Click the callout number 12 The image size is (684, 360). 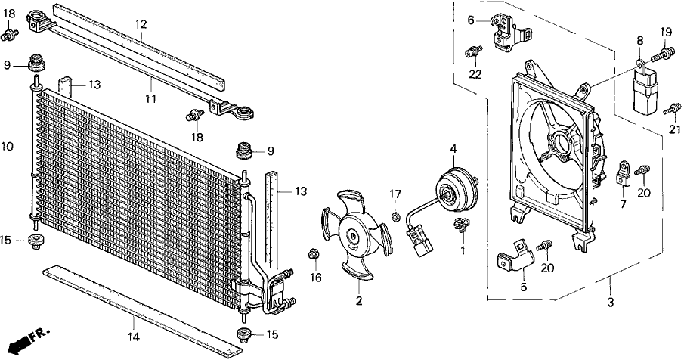[141, 25]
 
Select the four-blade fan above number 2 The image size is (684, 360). [354, 235]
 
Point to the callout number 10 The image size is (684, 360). [8, 147]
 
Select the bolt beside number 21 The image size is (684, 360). [668, 110]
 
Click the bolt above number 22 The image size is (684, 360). [473, 51]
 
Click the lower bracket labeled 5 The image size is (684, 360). [517, 255]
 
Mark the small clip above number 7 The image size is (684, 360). [624, 172]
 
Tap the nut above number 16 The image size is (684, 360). [313, 254]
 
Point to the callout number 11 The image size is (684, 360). [150, 98]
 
